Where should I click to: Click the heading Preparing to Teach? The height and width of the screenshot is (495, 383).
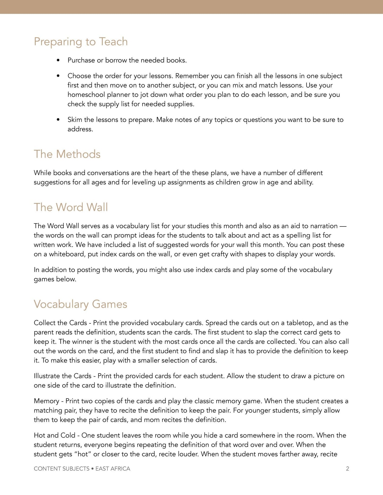tap(81, 42)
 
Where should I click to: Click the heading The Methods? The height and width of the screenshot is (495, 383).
tap(67, 154)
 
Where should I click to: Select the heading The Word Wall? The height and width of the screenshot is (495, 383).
tap(71, 207)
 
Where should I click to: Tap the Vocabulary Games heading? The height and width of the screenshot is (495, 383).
tap(80, 304)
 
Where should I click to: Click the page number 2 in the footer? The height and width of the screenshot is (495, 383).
tap(347, 469)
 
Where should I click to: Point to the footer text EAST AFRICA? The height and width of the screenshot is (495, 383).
tap(113, 469)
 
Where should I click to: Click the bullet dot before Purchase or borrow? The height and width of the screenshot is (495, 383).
tap(58, 60)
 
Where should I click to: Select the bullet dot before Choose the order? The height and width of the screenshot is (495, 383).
tap(58, 76)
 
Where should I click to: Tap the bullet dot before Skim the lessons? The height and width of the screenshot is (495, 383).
tap(58, 120)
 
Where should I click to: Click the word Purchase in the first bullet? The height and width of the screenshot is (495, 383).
tap(81, 60)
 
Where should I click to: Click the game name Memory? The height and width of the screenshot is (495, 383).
tap(46, 401)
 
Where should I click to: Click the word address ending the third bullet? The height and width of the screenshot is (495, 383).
tap(80, 129)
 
